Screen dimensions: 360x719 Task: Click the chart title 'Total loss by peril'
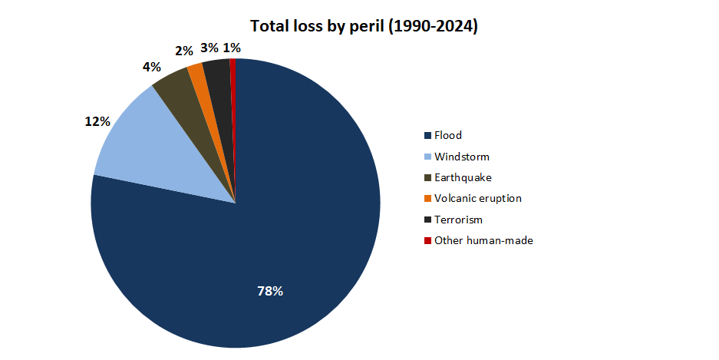pos(359,26)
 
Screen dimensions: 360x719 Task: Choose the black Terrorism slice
pos(218,73)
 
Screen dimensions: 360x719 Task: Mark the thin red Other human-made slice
pos(233,69)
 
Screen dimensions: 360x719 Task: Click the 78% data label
pos(269,291)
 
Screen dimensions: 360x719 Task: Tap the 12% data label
pos(97,121)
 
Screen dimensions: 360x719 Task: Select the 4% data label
pos(151,67)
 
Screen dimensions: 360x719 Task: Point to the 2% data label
pos(183,51)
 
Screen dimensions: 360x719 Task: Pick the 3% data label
pos(209,48)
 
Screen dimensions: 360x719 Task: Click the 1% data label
pos(232,48)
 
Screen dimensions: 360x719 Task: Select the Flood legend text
pos(448,135)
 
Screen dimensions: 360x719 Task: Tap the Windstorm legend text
pos(461,157)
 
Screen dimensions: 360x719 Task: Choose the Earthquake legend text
pos(463,177)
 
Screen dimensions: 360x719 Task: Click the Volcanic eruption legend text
pos(477,198)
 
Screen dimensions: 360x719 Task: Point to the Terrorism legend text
pos(458,220)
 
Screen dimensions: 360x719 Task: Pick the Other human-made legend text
pos(483,240)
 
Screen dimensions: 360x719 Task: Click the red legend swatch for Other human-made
pos(427,240)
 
